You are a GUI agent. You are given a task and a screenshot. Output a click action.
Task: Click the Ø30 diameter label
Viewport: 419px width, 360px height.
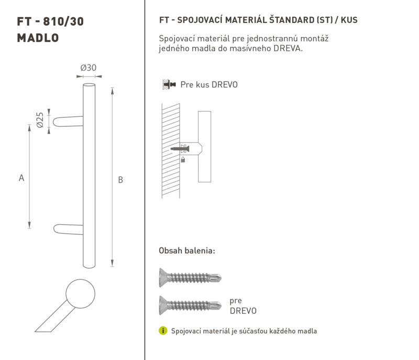click(x=89, y=68)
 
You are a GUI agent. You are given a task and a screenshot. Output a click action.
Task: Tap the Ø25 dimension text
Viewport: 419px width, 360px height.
click(x=40, y=120)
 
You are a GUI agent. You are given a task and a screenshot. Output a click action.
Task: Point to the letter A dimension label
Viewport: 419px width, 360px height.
click(x=21, y=178)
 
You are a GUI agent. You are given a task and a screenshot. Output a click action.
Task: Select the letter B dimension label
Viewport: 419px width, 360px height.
click(x=120, y=180)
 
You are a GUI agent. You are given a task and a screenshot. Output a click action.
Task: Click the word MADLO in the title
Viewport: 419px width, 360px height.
click(x=38, y=38)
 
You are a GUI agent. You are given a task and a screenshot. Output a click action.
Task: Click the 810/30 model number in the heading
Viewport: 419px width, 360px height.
click(x=63, y=21)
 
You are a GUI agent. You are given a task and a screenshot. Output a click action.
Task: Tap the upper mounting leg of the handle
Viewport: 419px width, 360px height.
click(x=68, y=122)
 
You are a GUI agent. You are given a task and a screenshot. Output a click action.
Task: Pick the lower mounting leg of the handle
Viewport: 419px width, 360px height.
click(x=69, y=230)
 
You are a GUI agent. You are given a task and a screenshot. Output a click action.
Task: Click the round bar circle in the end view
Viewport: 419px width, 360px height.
click(x=81, y=294)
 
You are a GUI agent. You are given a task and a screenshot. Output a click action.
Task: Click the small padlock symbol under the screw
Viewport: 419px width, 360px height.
click(x=183, y=160)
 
